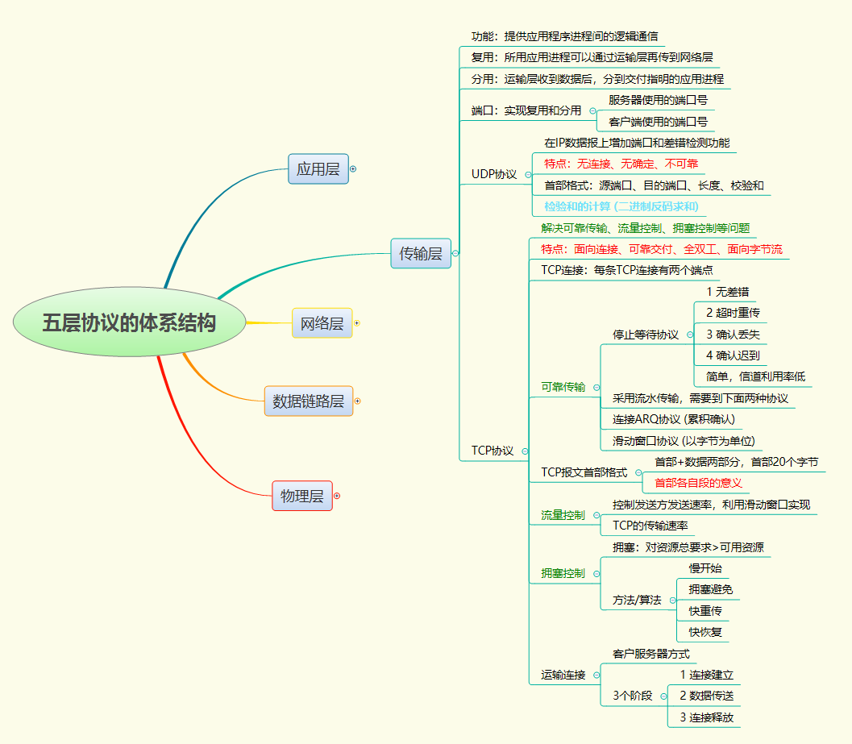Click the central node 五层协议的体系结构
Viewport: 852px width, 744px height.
[129, 322]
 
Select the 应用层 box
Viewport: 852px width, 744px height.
[318, 169]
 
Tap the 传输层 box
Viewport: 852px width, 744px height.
[421, 253]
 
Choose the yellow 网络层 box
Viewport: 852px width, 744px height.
[322, 323]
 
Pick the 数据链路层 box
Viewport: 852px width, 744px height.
[308, 401]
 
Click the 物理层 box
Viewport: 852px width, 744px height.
[302, 496]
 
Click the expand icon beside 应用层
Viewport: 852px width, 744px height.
[353, 169]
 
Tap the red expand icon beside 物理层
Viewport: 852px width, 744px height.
[337, 496]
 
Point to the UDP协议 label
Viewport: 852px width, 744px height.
[494, 174]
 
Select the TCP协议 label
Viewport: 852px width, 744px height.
[492, 451]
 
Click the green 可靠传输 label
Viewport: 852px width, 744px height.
[563, 387]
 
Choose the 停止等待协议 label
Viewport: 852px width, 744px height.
[646, 334]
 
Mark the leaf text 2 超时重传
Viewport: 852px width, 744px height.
[733, 313]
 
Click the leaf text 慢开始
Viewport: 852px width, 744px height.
[705, 568]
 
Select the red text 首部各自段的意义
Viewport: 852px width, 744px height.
[698, 483]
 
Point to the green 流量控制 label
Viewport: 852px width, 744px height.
[563, 515]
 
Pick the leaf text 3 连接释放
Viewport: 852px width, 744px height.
[706, 717]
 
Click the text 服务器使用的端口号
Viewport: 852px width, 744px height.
[658, 100]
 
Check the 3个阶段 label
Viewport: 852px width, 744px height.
[633, 695]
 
